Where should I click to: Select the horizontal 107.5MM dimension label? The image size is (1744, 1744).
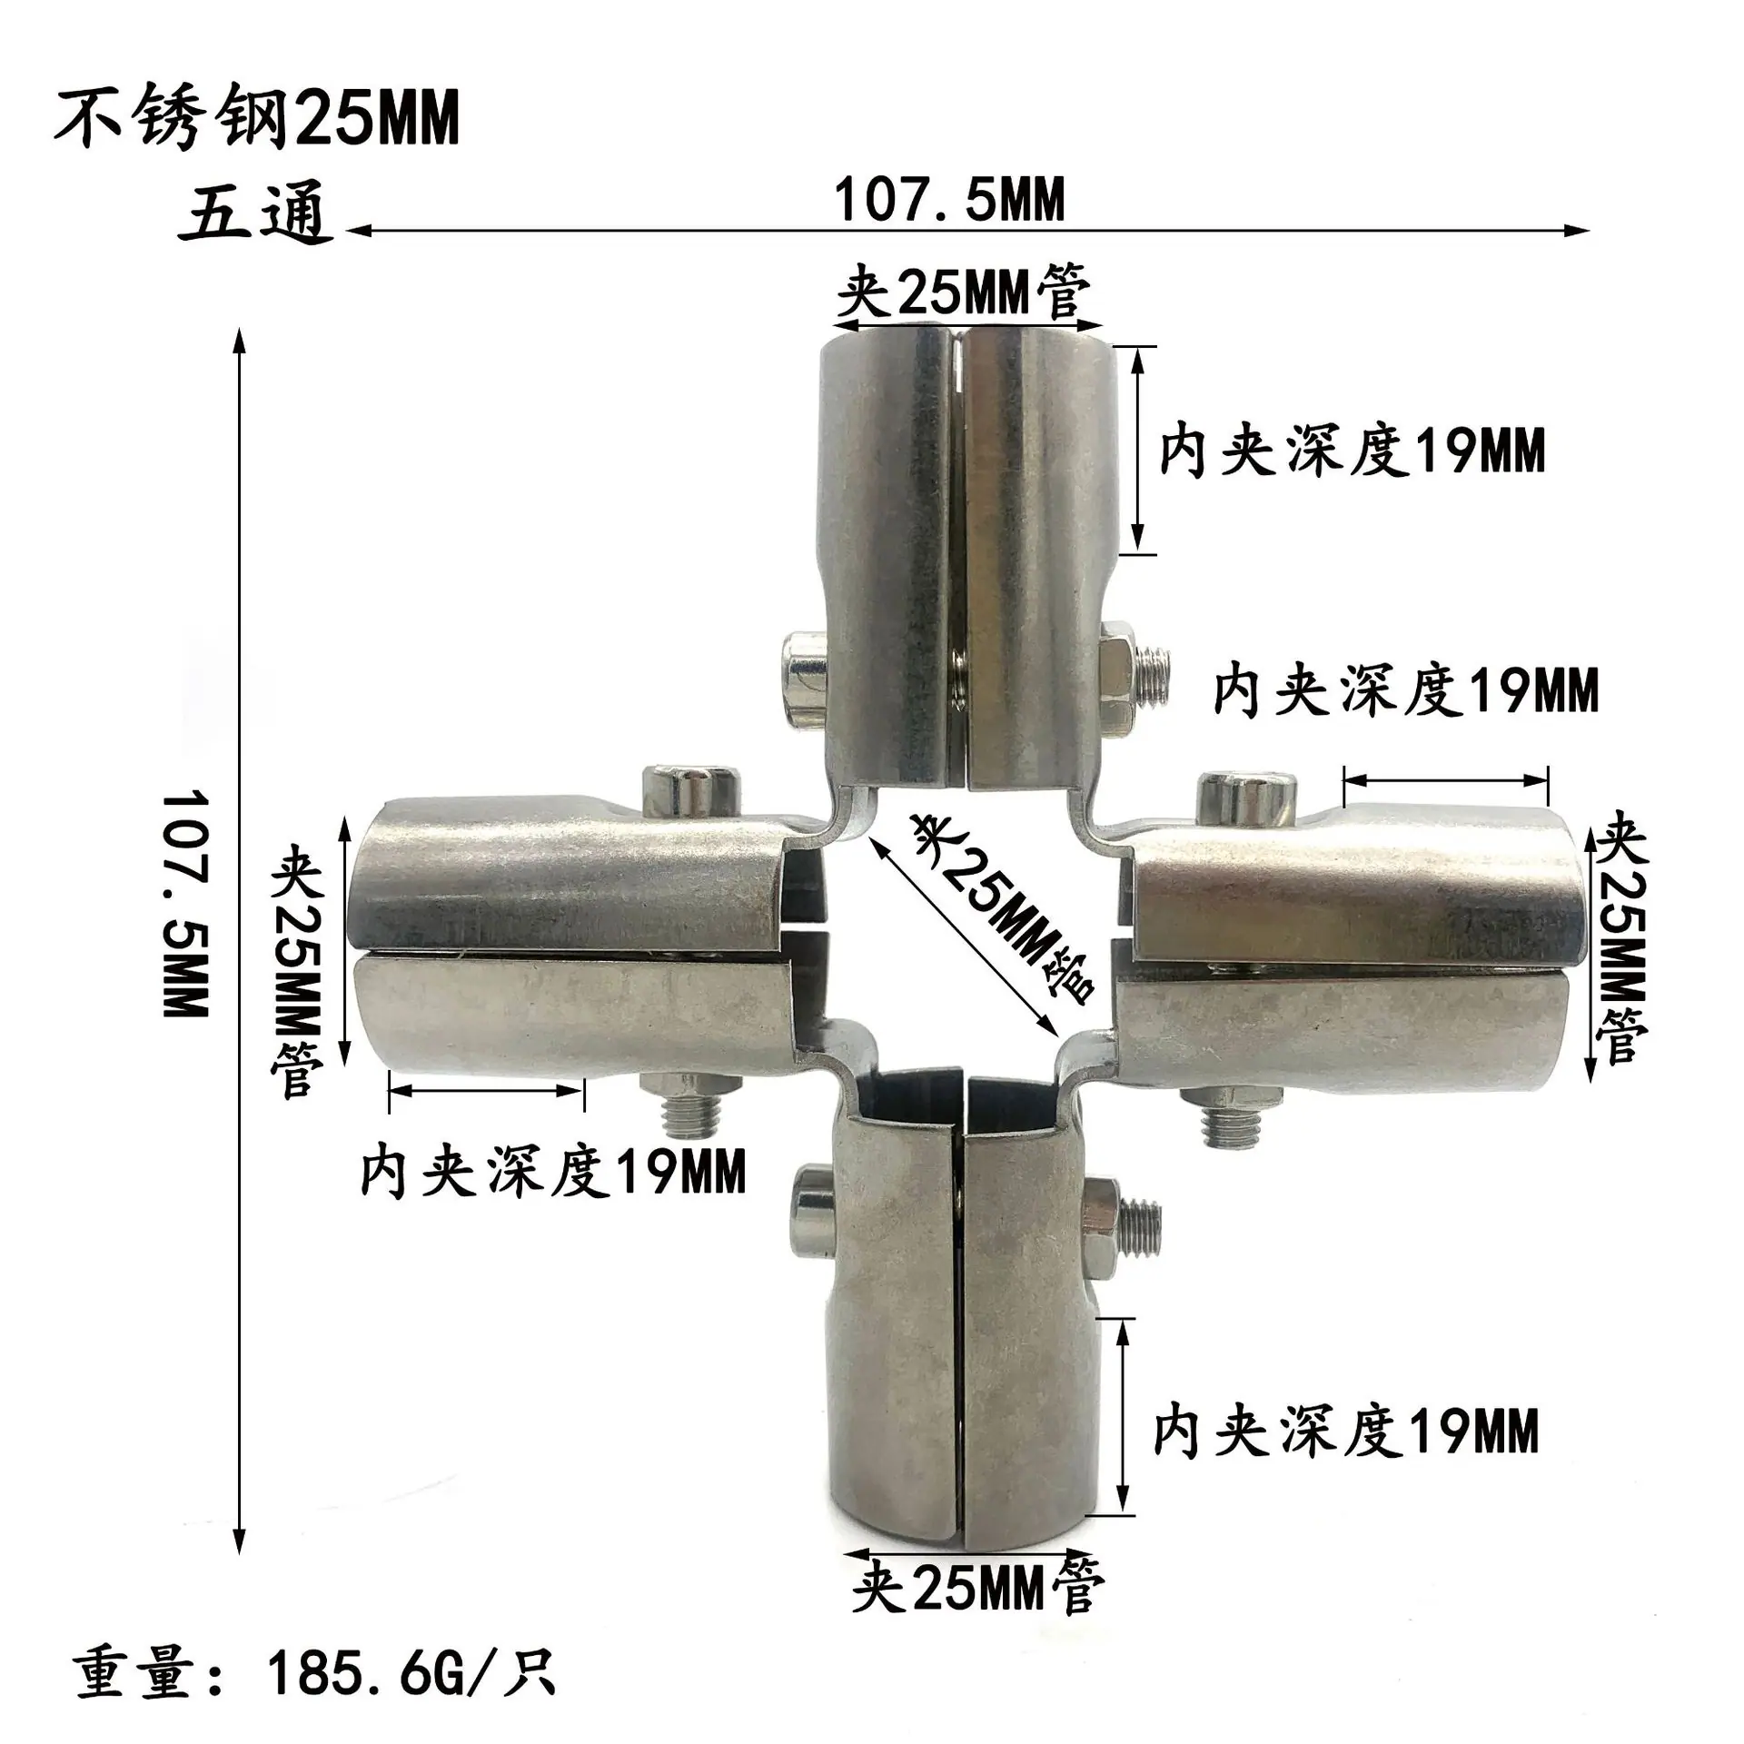click(x=949, y=199)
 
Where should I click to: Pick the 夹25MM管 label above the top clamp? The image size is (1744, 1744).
click(x=964, y=292)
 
